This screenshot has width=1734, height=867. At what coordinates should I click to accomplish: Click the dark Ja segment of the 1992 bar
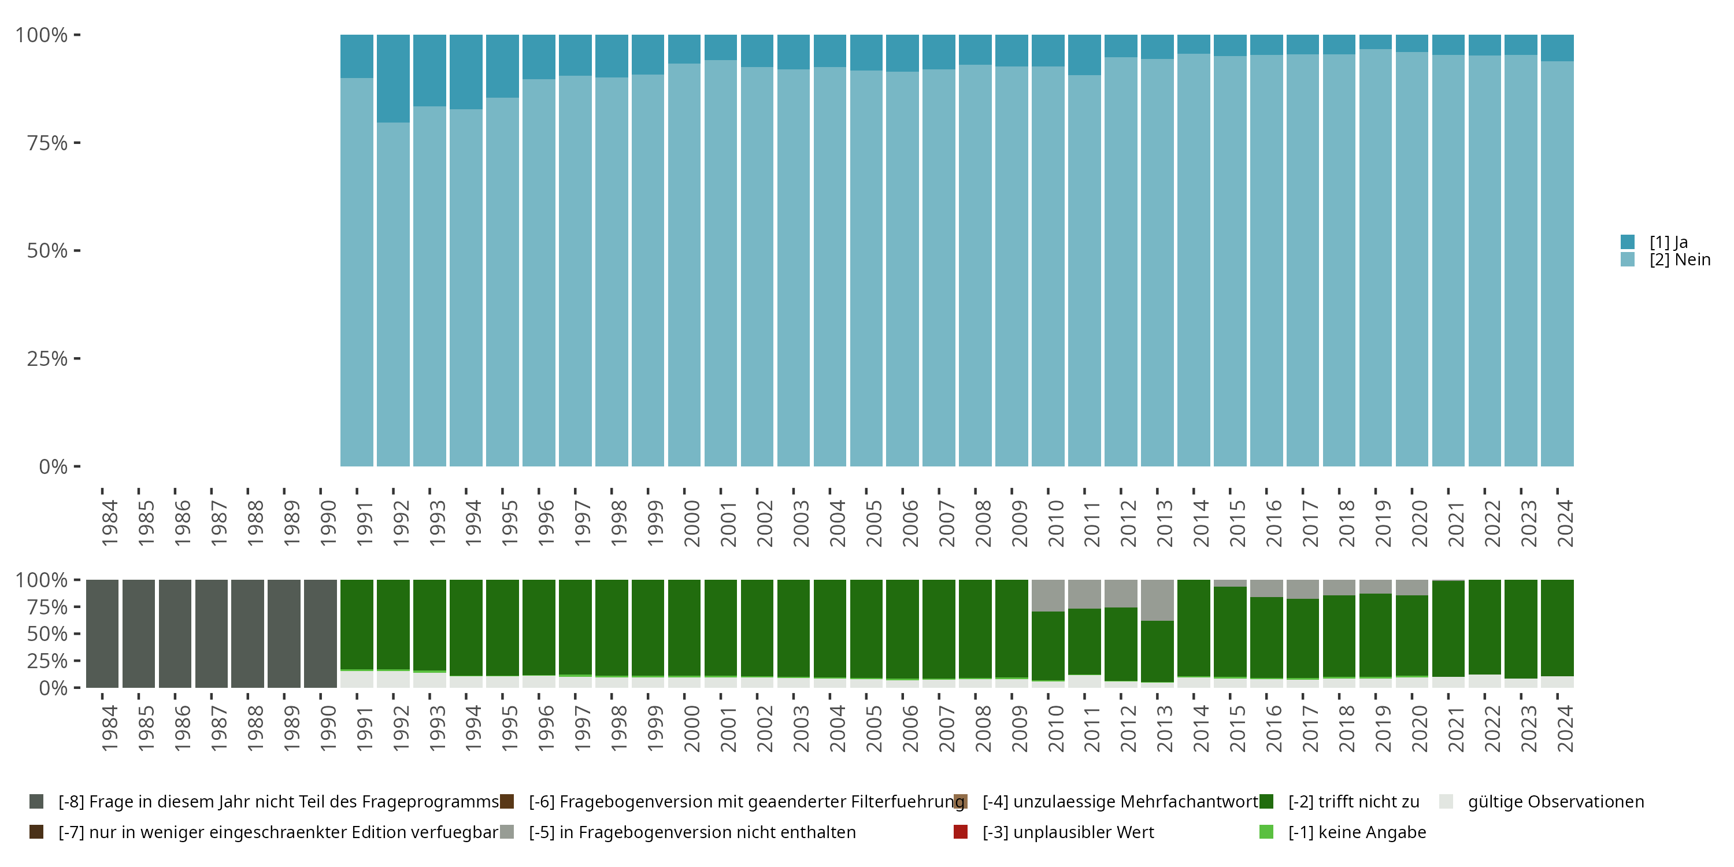click(x=393, y=78)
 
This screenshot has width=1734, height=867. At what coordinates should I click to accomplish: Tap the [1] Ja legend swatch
click(x=1628, y=242)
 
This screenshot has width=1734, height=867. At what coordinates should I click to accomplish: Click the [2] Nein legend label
click(x=1680, y=260)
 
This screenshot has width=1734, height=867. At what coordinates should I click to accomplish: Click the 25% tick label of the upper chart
click(x=47, y=359)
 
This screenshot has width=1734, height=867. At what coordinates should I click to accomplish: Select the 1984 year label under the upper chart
click(x=109, y=523)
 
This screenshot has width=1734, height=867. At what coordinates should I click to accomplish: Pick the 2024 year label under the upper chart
click(x=1565, y=523)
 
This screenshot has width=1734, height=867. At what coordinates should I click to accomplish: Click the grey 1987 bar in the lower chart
click(x=212, y=633)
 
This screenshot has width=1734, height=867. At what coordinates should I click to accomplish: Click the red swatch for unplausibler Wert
click(x=961, y=832)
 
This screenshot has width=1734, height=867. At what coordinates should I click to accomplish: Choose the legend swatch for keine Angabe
click(x=1266, y=832)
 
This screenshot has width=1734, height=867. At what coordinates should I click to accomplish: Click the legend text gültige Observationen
click(x=1555, y=802)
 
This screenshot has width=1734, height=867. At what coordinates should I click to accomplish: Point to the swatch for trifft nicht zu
click(x=1266, y=802)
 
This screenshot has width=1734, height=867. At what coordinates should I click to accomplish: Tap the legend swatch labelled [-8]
click(x=36, y=802)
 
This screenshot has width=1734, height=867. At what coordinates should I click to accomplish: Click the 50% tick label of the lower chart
click(x=47, y=634)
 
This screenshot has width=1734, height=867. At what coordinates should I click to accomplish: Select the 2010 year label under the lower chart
click(x=1055, y=728)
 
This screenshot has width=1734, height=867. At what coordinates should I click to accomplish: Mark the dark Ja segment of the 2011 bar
click(x=1084, y=54)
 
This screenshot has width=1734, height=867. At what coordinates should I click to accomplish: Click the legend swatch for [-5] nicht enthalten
click(x=507, y=832)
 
